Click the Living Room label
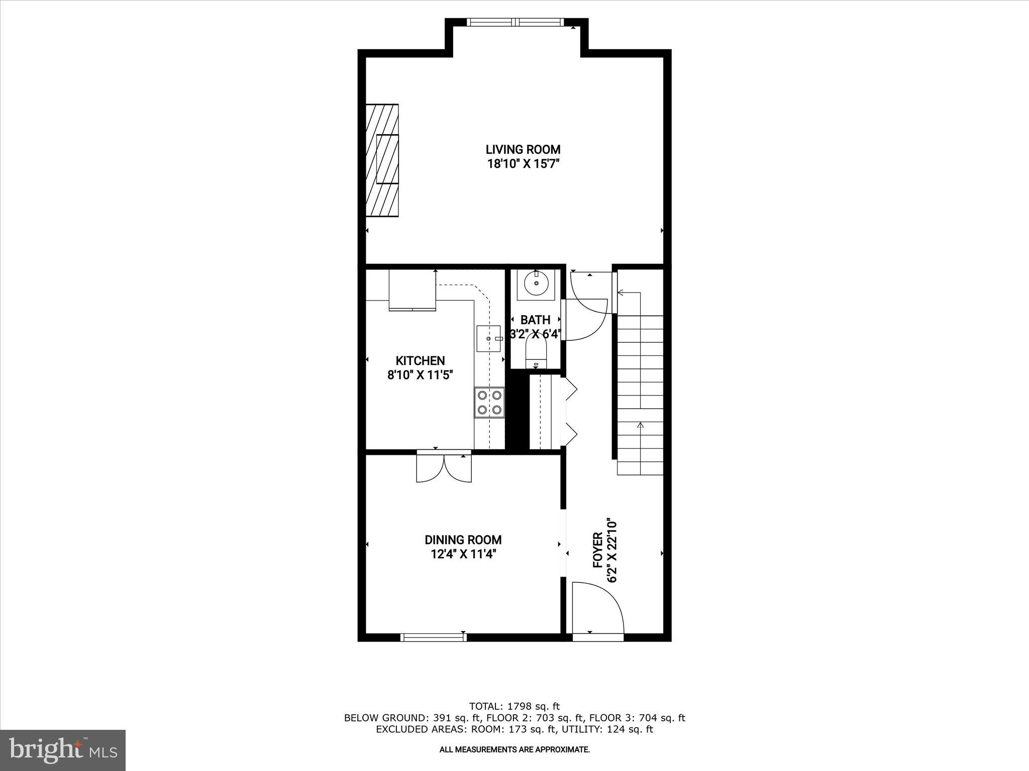point(523,149)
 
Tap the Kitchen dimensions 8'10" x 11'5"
point(420,375)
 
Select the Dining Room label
point(463,540)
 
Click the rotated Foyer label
point(598,550)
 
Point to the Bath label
point(535,320)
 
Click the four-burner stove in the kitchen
point(489,403)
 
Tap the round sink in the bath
point(536,284)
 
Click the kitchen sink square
point(488,339)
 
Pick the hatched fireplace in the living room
point(382,161)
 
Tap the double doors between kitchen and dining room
point(444,467)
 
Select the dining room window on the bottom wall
point(433,637)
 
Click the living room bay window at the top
point(517,22)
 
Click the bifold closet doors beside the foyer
point(571,412)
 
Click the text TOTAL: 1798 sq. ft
point(514,706)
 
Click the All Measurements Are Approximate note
point(514,749)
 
